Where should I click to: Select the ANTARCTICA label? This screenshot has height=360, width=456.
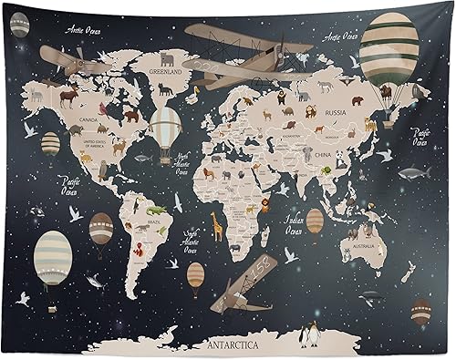[x=233, y=345]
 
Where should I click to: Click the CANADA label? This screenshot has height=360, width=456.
[x=89, y=118]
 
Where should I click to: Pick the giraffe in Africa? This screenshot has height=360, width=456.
[x=217, y=224]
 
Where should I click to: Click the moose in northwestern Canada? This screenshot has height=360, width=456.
[x=67, y=94]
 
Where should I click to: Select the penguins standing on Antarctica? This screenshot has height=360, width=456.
[x=310, y=334]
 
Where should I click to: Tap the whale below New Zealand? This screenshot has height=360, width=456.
[x=368, y=297]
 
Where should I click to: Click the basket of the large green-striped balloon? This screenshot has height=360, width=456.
[x=386, y=92]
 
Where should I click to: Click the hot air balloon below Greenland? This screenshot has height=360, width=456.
[x=165, y=127]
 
